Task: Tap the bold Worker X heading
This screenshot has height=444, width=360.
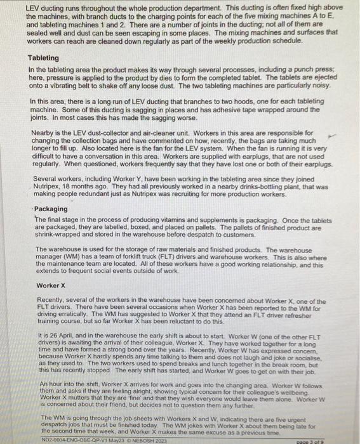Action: (x=51, y=285)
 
